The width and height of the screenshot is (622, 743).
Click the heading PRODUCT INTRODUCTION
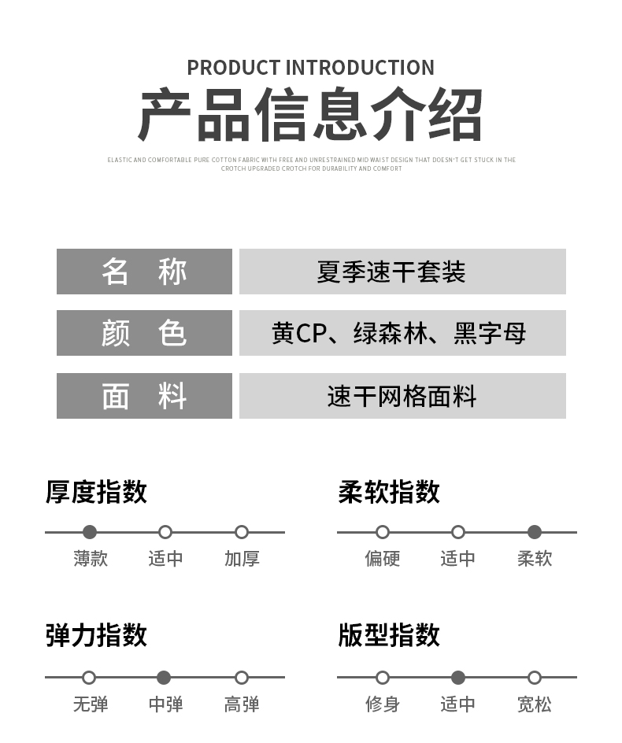310,68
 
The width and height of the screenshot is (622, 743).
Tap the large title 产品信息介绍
310,114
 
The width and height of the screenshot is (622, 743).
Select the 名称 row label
144,272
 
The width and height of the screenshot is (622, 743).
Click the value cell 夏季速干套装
402,272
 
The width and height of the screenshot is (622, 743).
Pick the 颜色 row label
144,333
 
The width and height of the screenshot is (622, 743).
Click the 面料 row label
144,396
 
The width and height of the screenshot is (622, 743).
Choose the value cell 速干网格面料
402,396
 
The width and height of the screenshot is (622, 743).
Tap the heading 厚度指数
96,492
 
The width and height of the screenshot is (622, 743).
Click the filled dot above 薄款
90,532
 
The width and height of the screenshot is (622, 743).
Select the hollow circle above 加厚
242,532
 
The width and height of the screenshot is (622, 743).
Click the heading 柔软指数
389,492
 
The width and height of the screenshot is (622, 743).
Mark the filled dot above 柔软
535,532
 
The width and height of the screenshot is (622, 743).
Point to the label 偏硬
382,559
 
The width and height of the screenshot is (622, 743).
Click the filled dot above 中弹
164,678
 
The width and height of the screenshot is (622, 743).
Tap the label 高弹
242,704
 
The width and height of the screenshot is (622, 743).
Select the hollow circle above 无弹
89,678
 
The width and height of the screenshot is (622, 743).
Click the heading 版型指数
389,635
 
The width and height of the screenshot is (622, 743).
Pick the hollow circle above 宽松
535,678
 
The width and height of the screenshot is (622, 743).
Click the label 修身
382,704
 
